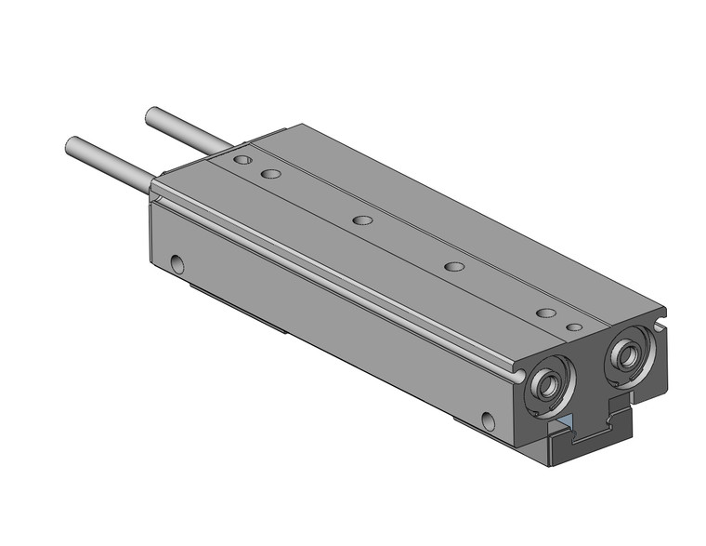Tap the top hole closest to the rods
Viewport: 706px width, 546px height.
coord(242,161)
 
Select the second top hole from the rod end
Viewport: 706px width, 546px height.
coord(271,174)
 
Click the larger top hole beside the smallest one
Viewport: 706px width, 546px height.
coord(546,313)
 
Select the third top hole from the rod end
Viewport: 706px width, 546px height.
coord(363,221)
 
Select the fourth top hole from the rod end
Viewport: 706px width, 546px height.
coord(453,267)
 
